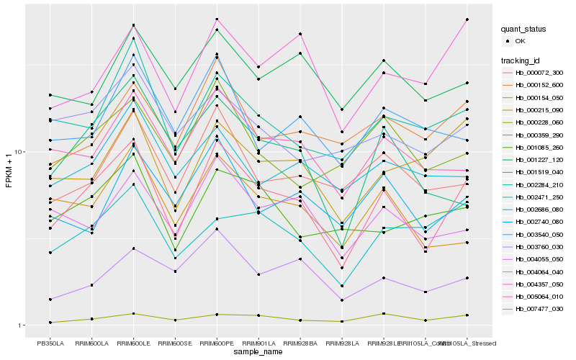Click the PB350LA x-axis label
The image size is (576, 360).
pos(50,343)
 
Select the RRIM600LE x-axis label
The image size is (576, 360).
pos(133,343)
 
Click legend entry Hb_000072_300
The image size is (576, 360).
pos(539,73)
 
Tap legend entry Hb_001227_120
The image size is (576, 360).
pos(539,160)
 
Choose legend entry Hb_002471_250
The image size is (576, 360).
pos(539,197)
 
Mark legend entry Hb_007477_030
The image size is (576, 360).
pos(539,309)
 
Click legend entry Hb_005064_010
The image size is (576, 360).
pos(539,297)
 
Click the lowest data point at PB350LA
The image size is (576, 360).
pos(50,323)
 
